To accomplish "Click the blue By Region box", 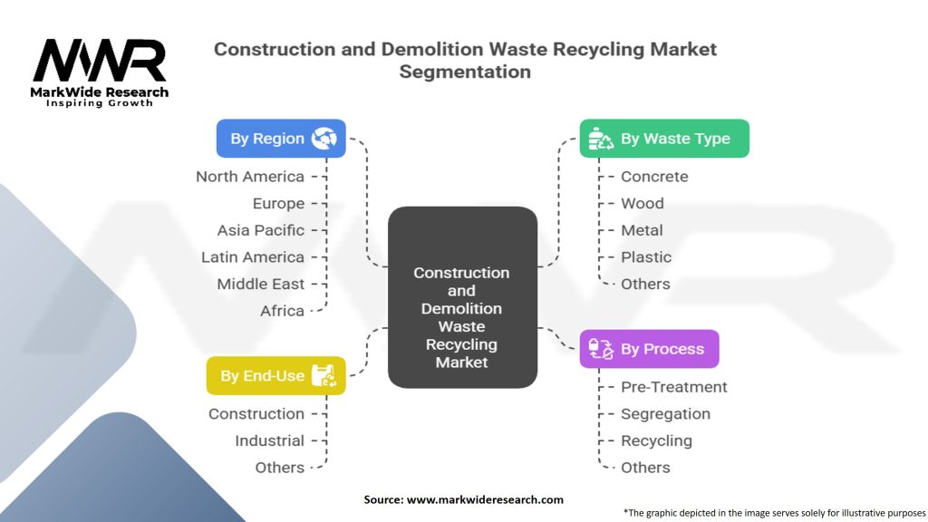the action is coord(281,139).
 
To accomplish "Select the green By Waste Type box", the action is coord(664,139).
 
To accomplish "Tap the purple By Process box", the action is coord(649,349).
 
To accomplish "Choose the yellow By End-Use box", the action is coord(275,375).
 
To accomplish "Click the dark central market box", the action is coord(462,297).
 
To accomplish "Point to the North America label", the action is coord(250,177).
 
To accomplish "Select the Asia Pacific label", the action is coord(260,230).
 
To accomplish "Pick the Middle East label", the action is coord(260,284).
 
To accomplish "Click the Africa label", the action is coord(283,311).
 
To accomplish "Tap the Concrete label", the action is coord(654,177).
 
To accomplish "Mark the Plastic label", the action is coord(646,256).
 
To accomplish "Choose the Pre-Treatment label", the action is coord(673,387).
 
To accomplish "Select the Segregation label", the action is coord(665,413).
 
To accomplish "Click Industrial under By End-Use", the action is coord(269,440).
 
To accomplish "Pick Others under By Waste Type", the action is coord(645,284).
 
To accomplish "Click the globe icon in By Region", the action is coord(324,139).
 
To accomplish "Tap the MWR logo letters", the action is coord(100,61).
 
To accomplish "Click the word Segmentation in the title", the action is coord(465,72).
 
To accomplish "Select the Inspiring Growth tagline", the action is coord(100,103).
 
